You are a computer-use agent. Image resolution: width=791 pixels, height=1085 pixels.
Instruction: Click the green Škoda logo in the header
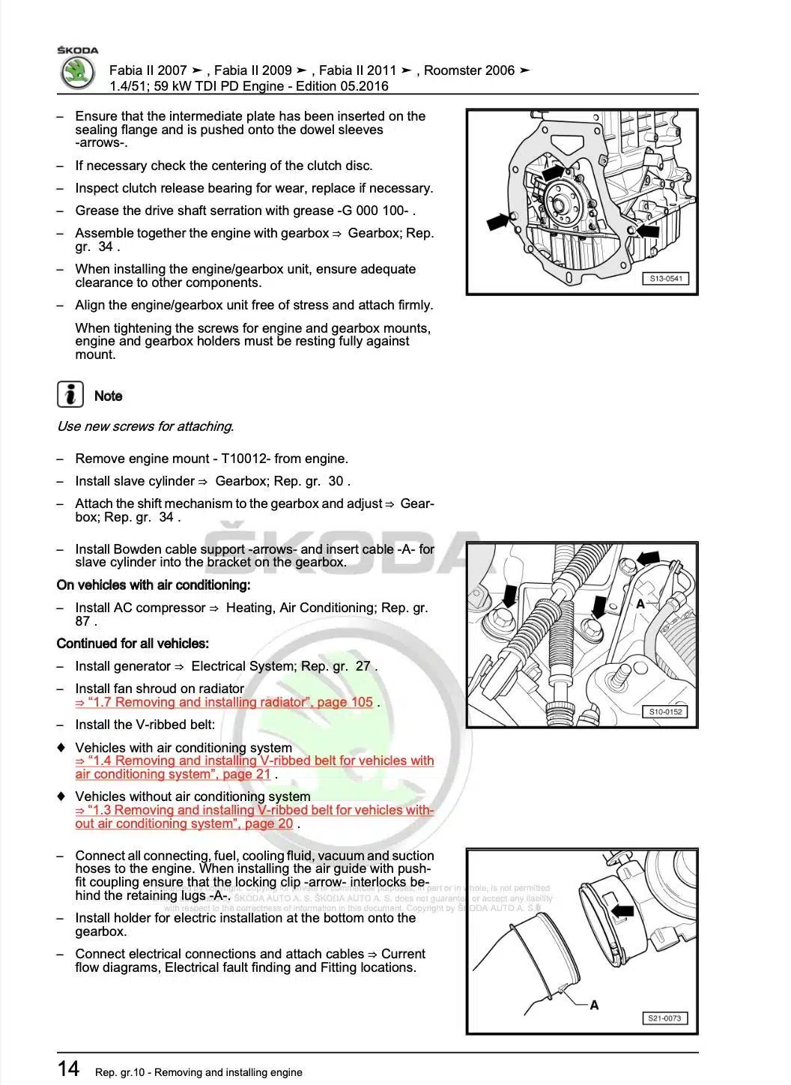(77, 73)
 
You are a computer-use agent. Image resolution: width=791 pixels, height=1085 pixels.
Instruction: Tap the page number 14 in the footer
(68, 1068)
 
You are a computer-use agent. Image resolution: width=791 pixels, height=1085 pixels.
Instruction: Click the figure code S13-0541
(665, 279)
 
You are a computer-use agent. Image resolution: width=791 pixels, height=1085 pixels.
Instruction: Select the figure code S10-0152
(665, 712)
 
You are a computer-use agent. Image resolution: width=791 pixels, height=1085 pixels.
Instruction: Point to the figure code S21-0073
(664, 1018)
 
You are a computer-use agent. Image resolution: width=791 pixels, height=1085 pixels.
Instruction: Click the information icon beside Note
(70, 394)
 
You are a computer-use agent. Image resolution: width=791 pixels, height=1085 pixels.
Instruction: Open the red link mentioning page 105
(224, 702)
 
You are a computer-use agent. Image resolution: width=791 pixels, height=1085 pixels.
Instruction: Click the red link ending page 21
(254, 767)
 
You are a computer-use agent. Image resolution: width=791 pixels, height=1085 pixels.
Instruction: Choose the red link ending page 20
(254, 817)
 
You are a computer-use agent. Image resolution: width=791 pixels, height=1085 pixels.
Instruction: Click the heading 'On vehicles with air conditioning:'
(154, 584)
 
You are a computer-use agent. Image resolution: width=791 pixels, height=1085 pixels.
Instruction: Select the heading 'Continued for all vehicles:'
(133, 643)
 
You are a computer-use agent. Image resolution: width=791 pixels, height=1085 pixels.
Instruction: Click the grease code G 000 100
(375, 211)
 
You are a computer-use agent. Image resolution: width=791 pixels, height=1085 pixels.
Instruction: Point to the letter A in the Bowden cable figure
(640, 603)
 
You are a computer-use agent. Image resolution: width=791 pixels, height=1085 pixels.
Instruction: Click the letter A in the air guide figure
(594, 1005)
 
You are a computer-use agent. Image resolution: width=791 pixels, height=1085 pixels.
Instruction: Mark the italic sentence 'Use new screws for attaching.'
(145, 426)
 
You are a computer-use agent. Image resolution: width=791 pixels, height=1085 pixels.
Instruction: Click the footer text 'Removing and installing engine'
(228, 1072)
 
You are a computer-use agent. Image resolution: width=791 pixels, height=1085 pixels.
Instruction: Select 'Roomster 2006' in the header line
(470, 70)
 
